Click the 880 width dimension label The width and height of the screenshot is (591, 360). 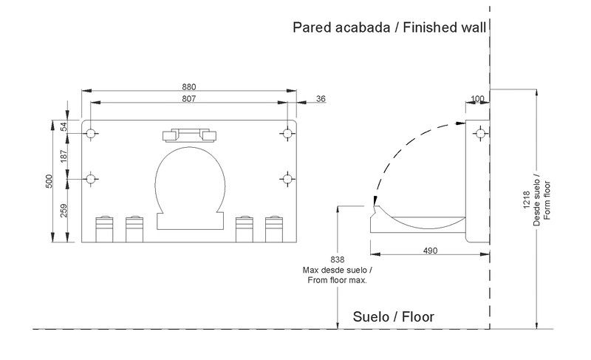(x=189, y=86)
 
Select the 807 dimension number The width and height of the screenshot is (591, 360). (x=189, y=99)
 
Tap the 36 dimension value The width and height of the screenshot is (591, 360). (x=321, y=99)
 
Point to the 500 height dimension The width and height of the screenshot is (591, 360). (x=49, y=181)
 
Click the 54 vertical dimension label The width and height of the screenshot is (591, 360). (x=64, y=126)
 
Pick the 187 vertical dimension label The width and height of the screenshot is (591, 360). (x=64, y=156)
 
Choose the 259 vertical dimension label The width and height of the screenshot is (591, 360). (x=64, y=211)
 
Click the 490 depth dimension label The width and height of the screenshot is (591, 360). (x=430, y=251)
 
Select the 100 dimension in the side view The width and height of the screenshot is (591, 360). (x=477, y=99)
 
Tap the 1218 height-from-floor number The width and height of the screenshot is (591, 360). (x=527, y=201)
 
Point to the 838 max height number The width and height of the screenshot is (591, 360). (x=338, y=259)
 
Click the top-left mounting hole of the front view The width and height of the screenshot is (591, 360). (x=91, y=134)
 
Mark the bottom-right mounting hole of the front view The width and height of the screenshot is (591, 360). (x=287, y=179)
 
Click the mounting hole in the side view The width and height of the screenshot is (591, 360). (x=481, y=134)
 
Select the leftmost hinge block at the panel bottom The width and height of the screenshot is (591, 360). (x=104, y=229)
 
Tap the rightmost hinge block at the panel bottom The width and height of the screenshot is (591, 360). (x=274, y=229)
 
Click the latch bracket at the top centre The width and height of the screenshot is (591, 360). (x=189, y=135)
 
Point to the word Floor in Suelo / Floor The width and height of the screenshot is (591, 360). (x=418, y=316)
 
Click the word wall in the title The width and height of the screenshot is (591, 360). (x=474, y=27)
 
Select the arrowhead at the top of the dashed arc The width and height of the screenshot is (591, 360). (x=460, y=123)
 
